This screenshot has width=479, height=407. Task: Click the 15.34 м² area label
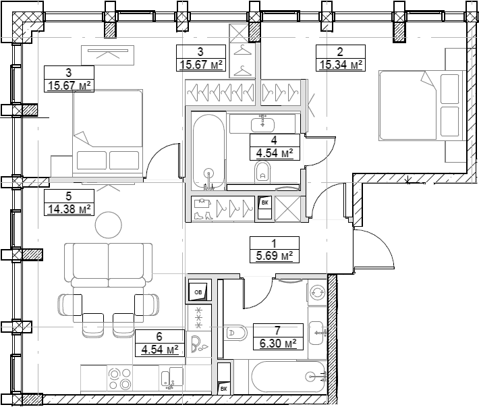coord(341,65)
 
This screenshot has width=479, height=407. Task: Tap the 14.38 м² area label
coord(69,209)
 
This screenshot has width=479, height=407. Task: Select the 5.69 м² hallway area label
coord(275,255)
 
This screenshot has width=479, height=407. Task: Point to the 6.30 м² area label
coord(278,344)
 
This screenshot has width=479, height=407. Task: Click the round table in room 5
coord(109,225)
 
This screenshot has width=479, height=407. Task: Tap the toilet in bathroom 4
coord(262,172)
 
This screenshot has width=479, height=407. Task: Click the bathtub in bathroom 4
coord(209,152)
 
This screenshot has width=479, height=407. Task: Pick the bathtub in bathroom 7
coord(288,377)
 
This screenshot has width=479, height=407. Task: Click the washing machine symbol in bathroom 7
coord(317,292)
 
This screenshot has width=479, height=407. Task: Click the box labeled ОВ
coord(200,292)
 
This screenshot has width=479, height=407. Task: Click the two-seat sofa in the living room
coord(109,265)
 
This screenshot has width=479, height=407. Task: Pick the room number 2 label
coord(340,52)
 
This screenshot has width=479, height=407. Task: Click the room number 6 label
coord(159,336)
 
